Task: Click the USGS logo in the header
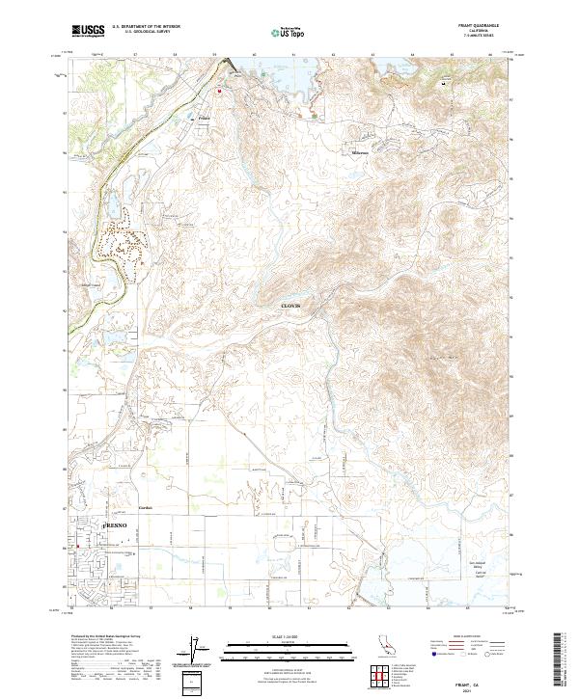tap(88, 32)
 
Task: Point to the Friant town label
tap(204, 120)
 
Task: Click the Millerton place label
tap(359, 152)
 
